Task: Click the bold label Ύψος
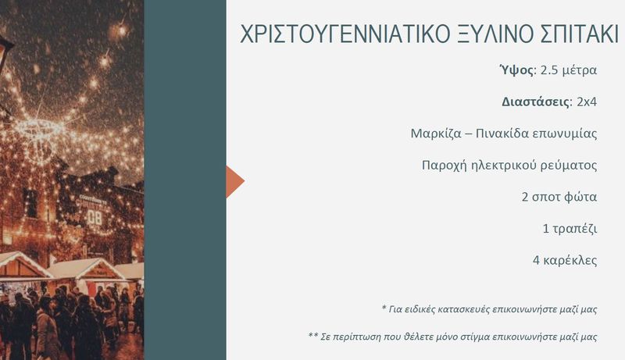[x=516, y=70]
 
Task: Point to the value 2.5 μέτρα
[x=569, y=70]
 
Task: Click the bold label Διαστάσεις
[x=536, y=102]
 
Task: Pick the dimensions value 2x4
[x=587, y=102]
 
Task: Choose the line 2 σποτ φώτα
[x=559, y=197]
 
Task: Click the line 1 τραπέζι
[x=570, y=229]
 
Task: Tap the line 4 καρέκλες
[x=565, y=261]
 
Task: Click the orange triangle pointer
[x=235, y=182]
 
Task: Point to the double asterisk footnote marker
[x=313, y=335]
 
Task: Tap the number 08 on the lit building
[x=95, y=217]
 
